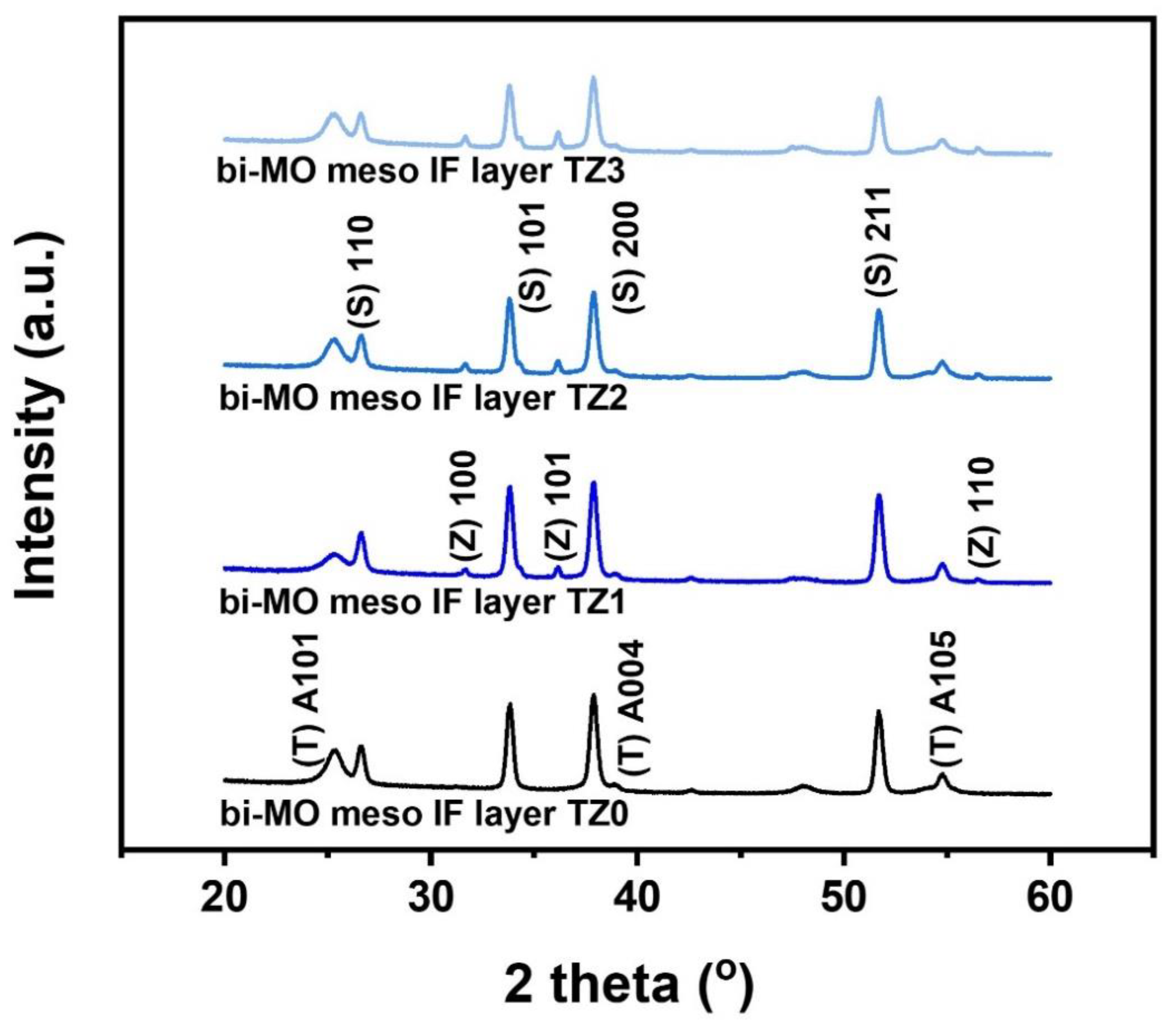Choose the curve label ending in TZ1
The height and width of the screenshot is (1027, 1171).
421,602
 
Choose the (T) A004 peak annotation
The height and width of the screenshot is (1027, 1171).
634,708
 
